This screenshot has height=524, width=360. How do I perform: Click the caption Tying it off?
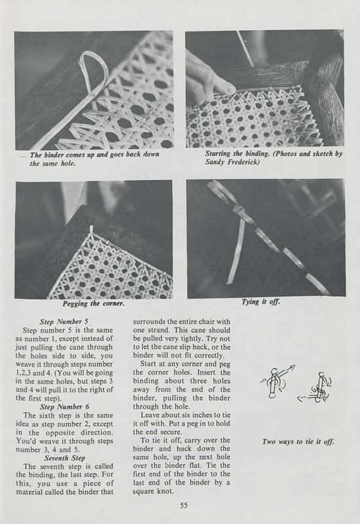(x=267, y=304)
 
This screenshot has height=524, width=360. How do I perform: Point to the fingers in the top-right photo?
(x=213, y=79)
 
